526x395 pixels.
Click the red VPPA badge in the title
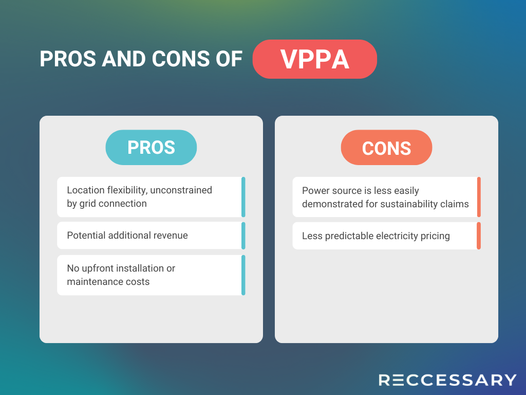(x=315, y=59)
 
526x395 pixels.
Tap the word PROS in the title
(x=68, y=59)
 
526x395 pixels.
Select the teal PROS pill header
(x=151, y=147)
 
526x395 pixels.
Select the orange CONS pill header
(x=386, y=148)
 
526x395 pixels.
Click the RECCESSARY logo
(x=447, y=380)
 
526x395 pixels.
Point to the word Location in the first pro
(x=86, y=190)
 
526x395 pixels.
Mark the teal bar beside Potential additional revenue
(x=243, y=236)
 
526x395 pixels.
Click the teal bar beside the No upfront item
(x=243, y=275)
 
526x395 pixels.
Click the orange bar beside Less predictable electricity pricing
(x=479, y=236)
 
